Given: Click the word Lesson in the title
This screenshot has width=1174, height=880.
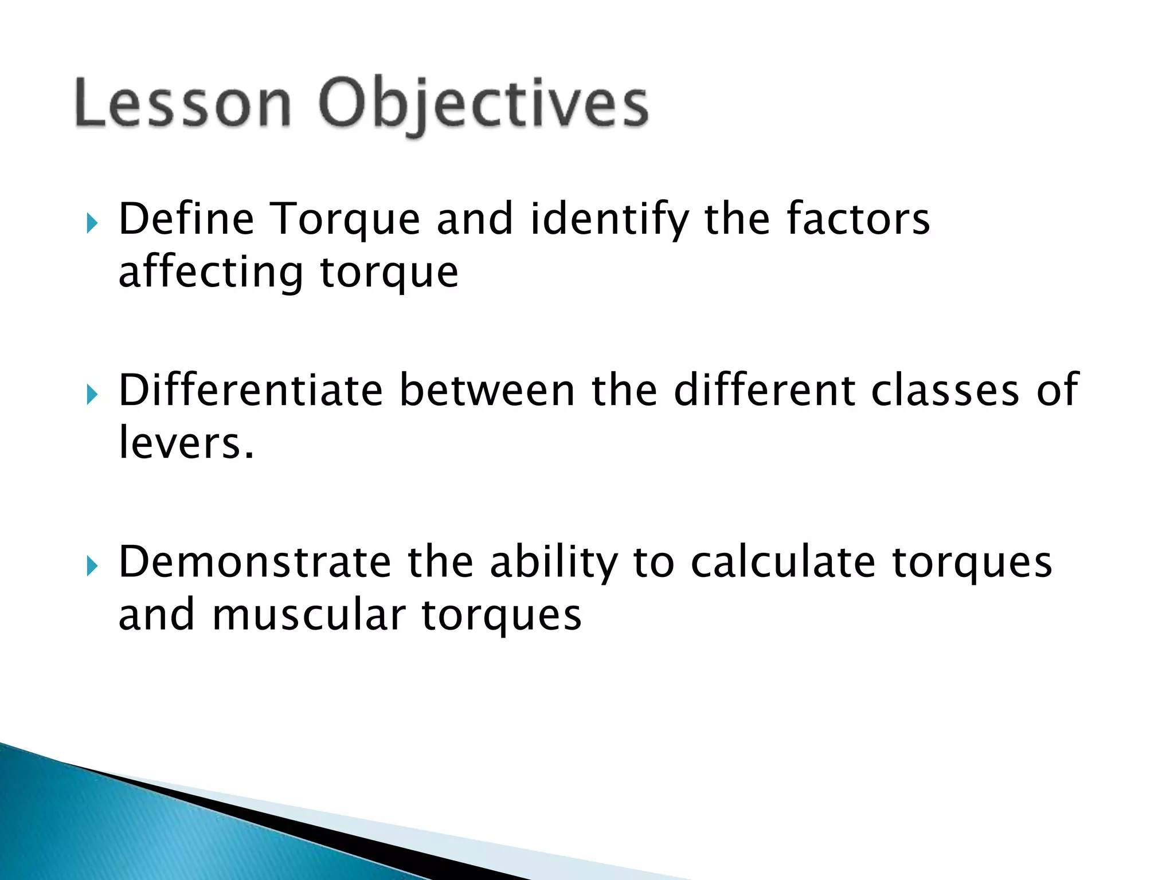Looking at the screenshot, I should point(182,103).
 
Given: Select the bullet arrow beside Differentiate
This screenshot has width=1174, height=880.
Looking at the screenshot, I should point(92,394).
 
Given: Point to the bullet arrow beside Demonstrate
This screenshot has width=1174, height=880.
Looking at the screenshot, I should point(92,566).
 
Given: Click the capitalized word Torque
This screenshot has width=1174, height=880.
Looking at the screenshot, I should point(344,220).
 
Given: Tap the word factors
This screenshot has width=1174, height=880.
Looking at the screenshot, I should point(858,220).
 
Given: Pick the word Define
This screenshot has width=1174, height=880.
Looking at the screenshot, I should point(186,220).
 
